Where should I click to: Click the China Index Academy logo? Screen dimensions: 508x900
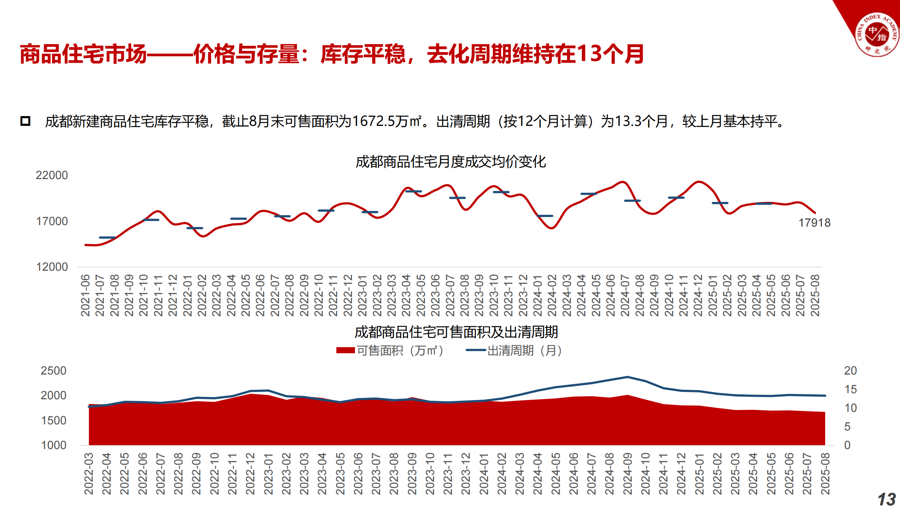pyautogui.click(x=877, y=34)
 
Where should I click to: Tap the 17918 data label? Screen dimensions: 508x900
pyautogui.click(x=814, y=223)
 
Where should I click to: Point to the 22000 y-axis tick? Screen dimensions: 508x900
pyautogui.click(x=52, y=175)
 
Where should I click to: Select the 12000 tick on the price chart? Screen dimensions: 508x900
pyautogui.click(x=52, y=267)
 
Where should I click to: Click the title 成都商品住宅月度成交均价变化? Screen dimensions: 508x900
pyautogui.click(x=450, y=162)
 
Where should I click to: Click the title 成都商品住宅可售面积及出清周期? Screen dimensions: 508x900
pyautogui.click(x=456, y=332)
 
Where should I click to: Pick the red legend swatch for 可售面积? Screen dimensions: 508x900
pyautogui.click(x=345, y=350)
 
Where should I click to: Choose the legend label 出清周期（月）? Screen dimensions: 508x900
pyautogui.click(x=524, y=350)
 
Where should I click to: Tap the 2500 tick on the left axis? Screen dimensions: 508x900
pyautogui.click(x=53, y=371)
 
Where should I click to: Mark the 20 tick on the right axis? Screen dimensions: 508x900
pyautogui.click(x=850, y=371)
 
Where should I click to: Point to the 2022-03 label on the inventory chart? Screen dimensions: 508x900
pyautogui.click(x=89, y=474)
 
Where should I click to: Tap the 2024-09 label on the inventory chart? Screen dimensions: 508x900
pyautogui.click(x=627, y=474)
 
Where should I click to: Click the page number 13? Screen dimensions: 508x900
pyautogui.click(x=886, y=499)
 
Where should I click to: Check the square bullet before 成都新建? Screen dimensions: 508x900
pyautogui.click(x=25, y=121)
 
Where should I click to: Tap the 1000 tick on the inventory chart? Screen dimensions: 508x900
pyautogui.click(x=53, y=445)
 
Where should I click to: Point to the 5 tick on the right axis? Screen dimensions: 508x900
pyautogui.click(x=847, y=427)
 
